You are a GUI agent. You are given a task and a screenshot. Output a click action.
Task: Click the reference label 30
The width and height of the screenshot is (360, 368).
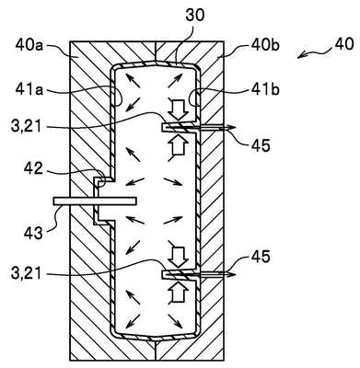tap(194, 16)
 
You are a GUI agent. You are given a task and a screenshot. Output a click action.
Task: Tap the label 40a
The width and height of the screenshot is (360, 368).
tap(30, 46)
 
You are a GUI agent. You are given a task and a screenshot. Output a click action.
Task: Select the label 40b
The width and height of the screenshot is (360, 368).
tap(265, 45)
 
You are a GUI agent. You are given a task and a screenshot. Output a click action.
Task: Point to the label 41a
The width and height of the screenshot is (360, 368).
tap(29, 90)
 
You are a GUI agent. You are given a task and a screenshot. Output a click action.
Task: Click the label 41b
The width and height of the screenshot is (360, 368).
tap(265, 90)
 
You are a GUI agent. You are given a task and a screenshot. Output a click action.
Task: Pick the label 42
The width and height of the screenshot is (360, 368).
tap(34, 168)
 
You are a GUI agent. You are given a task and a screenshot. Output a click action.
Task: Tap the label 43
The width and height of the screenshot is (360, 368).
tap(34, 234)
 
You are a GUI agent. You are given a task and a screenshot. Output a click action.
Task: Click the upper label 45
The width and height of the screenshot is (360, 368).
tap(261, 146)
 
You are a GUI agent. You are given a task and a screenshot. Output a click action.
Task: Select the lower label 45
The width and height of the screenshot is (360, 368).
tap(261, 256)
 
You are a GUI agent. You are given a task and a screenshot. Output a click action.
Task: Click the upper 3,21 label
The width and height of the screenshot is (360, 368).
tap(26, 126)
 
